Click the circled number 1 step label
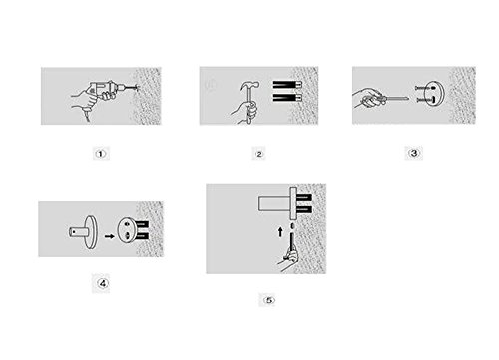click(x=101, y=154)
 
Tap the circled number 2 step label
click(x=259, y=154)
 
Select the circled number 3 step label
click(x=414, y=153)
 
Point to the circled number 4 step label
click(x=102, y=283)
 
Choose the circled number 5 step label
click(x=269, y=300)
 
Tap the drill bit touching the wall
click(x=132, y=88)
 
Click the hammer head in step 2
click(x=249, y=86)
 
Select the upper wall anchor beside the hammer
click(x=287, y=85)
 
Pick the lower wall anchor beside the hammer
click(x=287, y=98)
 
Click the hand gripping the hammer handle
click(x=248, y=111)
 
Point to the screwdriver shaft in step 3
click(x=397, y=98)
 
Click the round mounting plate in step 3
click(x=434, y=94)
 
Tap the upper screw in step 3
click(x=424, y=88)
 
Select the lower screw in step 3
click(x=425, y=100)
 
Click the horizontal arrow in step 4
click(x=109, y=236)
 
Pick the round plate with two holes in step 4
click(x=127, y=230)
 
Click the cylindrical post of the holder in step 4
click(x=77, y=231)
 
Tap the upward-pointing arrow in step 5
click(x=280, y=232)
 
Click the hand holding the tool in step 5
click(x=288, y=260)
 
